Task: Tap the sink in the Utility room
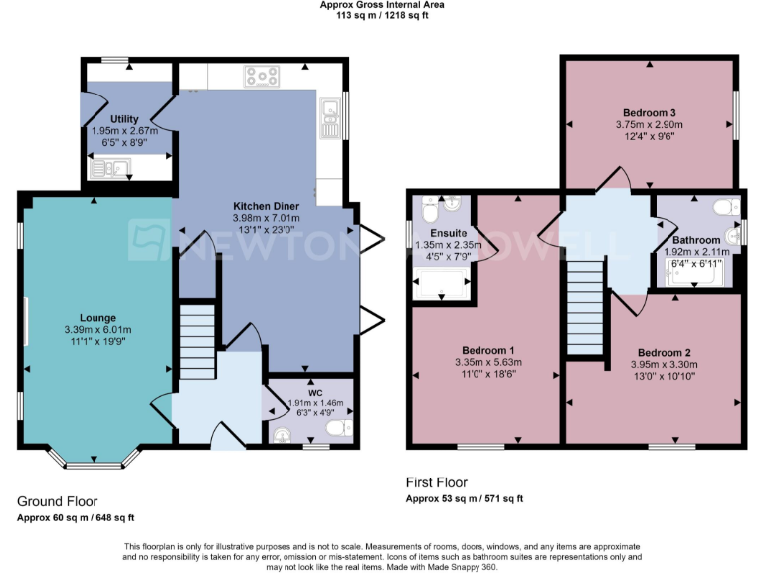click(x=106, y=170)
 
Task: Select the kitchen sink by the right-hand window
click(x=328, y=118)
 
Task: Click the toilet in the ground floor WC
click(x=339, y=428)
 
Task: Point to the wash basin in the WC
click(x=284, y=434)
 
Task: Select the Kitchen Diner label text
click(x=265, y=205)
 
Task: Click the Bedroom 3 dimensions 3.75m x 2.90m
click(x=651, y=126)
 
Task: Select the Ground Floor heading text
click(x=58, y=502)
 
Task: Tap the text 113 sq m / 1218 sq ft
click(x=382, y=16)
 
